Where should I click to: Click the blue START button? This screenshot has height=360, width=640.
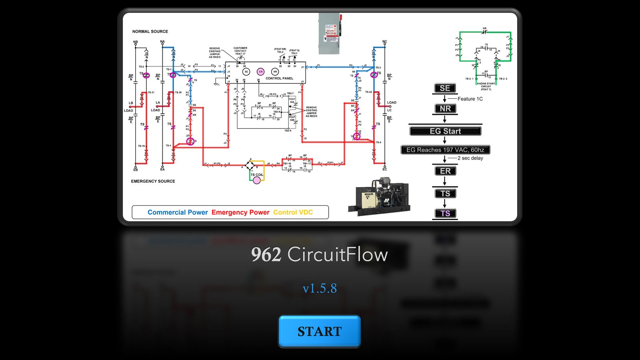[319, 331]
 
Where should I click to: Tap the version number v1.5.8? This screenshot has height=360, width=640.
[320, 288]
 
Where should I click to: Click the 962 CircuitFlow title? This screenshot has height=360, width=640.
[320, 254]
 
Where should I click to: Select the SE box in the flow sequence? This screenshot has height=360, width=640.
[445, 88]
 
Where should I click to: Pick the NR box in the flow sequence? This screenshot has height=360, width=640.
[445, 108]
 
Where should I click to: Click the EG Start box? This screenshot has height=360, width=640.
[445, 131]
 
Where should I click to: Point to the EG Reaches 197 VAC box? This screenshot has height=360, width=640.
[445, 150]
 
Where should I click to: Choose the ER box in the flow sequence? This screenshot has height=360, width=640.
[445, 171]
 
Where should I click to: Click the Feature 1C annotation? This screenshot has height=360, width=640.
[470, 99]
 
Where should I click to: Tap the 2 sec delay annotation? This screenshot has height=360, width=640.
[470, 158]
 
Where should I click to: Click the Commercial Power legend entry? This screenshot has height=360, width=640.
[178, 212]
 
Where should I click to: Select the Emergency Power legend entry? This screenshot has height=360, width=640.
[240, 212]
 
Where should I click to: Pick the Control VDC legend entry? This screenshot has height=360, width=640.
[293, 212]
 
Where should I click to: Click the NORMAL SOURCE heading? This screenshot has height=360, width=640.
[150, 32]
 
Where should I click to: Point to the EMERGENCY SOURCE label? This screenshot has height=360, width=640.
[153, 181]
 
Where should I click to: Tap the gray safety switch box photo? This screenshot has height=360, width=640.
[330, 34]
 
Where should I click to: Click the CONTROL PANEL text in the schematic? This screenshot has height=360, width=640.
[279, 78]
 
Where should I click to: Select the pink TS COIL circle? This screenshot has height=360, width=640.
[257, 180]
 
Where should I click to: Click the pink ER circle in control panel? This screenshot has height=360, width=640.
[260, 72]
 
